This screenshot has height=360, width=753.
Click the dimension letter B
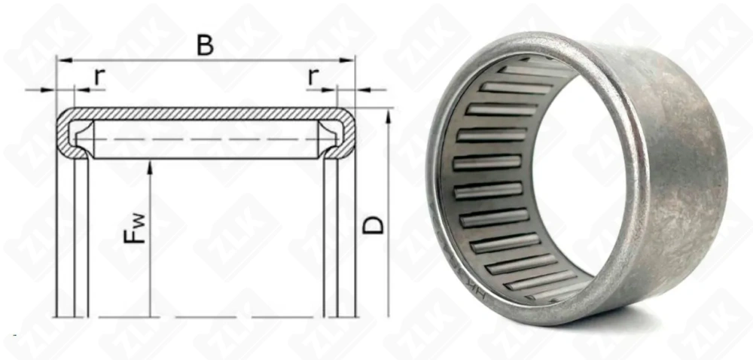click(204, 44)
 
